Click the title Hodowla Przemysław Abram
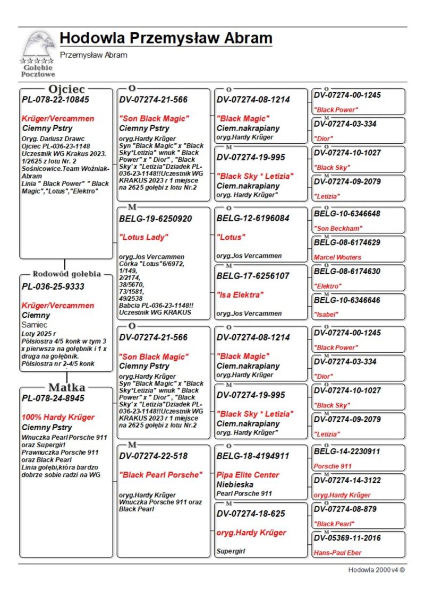[x=166, y=39]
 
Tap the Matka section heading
[x=66, y=387]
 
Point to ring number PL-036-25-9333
[x=53, y=286]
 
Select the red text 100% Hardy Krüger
[x=58, y=417]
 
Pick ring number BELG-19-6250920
[x=156, y=219]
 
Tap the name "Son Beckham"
[x=338, y=229]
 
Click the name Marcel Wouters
[x=337, y=257]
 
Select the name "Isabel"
[x=327, y=314]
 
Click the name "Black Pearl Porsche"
[x=161, y=475]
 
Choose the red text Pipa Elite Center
[x=248, y=475]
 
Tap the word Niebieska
[x=235, y=484]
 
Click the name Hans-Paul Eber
[x=337, y=552]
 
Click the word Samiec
[x=35, y=324]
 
